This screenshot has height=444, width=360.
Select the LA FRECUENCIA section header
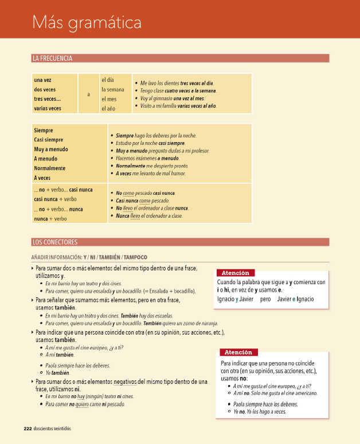coord(52,58)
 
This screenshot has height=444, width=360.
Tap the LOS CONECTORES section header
coord(54,242)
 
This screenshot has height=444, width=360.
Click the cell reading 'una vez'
coord(43,80)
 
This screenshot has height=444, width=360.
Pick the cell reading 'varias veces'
coord(48,108)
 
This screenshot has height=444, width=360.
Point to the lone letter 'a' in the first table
coord(88,94)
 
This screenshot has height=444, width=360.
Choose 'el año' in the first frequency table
coord(109,108)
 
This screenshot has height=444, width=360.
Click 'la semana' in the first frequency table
coord(112,89)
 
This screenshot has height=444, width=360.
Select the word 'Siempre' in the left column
coord(44,130)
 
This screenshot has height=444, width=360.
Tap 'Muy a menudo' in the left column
coord(50,149)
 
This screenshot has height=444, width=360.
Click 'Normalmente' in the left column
coord(50,168)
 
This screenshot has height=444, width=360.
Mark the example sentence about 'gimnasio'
coord(173,99)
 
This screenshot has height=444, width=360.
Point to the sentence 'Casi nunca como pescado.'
coord(142,201)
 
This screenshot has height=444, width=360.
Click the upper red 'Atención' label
coord(235,273)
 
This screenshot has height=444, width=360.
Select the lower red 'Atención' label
coord(238,352)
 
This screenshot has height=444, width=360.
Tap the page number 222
coord(28,429)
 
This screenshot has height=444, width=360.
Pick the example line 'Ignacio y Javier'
coord(236,299)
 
